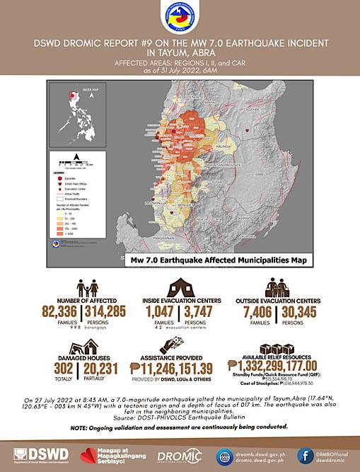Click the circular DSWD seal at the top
point(180,19)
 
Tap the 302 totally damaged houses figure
point(63,367)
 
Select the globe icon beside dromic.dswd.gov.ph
point(226,455)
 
